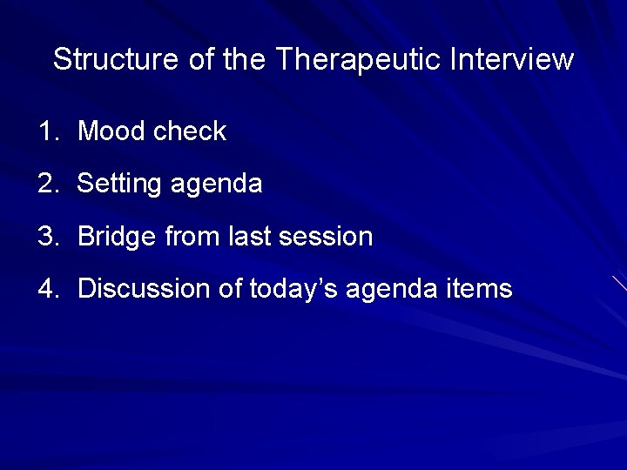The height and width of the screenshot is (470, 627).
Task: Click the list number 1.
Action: [46, 132]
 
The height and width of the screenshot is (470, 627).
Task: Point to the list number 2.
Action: [46, 185]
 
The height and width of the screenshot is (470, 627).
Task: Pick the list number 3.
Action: [46, 237]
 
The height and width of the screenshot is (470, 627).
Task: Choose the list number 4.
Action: [46, 289]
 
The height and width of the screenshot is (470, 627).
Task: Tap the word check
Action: [189, 132]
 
